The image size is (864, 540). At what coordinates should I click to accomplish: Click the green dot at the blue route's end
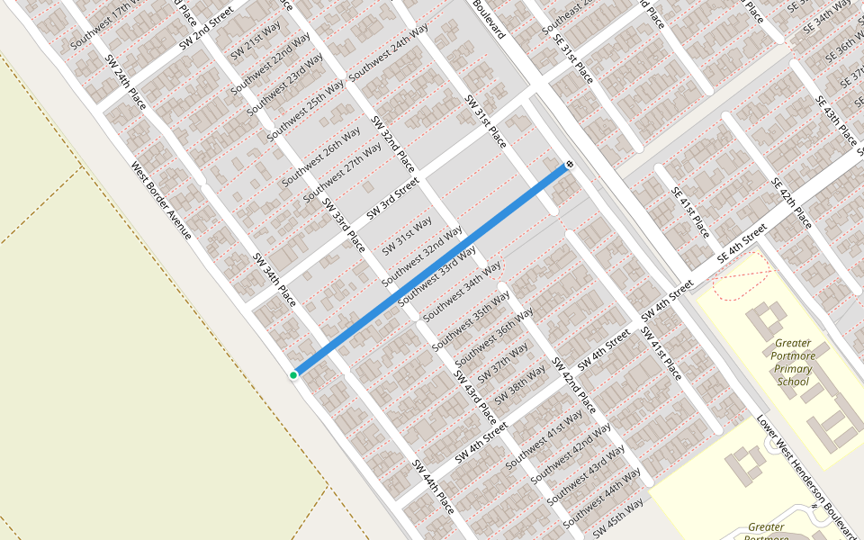coord(293,374)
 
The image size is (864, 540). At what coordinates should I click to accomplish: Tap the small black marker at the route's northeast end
coord(570,165)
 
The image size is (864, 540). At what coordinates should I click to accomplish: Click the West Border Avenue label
coord(161,200)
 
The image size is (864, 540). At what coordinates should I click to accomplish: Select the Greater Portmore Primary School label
coord(793,362)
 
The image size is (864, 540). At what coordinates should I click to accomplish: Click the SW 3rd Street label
coord(394,202)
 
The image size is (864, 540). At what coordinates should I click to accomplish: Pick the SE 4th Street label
coord(741,245)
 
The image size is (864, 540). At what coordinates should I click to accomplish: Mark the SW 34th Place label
coord(274,279)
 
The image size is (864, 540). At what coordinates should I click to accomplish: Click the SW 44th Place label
coord(433,487)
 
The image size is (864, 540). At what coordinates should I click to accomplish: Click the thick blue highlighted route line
coord(432,270)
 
